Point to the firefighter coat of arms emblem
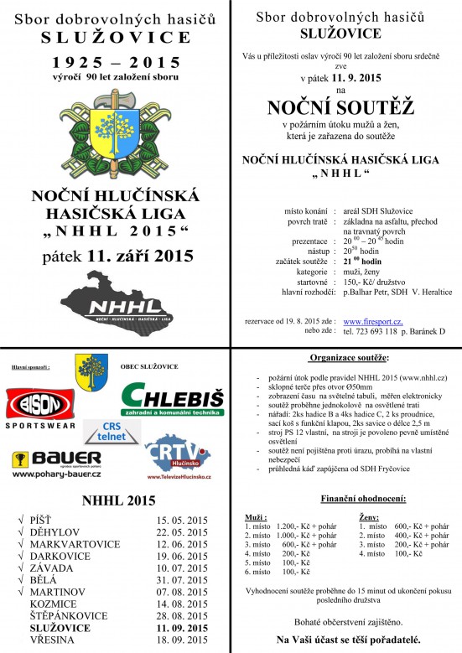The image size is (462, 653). (x=115, y=135)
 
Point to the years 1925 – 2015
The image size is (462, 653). (x=115, y=63)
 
